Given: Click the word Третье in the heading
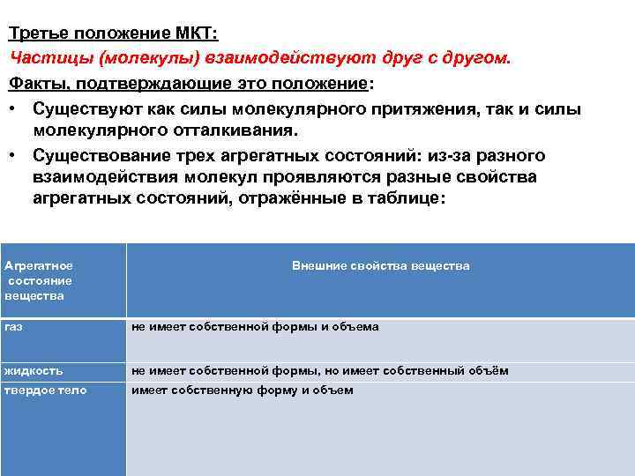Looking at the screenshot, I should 38,34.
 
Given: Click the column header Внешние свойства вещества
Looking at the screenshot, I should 380,265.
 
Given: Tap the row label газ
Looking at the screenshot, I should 13,326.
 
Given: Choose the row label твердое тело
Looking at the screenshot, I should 46,390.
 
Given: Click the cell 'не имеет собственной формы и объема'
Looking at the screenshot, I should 255,327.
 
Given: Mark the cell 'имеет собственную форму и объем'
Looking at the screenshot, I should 243,390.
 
